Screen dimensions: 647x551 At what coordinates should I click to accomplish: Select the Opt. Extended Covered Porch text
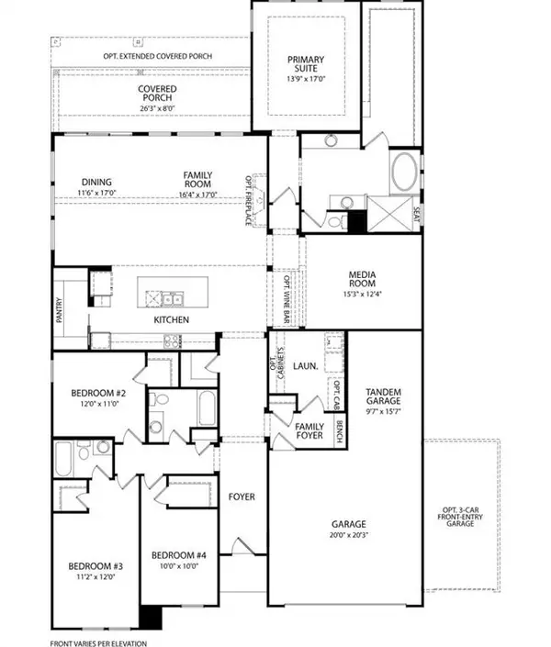point(157,56)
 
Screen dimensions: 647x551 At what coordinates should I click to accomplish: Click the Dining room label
point(96,182)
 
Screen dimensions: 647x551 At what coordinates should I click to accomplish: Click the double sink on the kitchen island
point(170,297)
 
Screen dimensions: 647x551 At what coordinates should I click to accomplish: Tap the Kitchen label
point(172,319)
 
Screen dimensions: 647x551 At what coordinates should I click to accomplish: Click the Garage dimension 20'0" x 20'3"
point(348,533)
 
